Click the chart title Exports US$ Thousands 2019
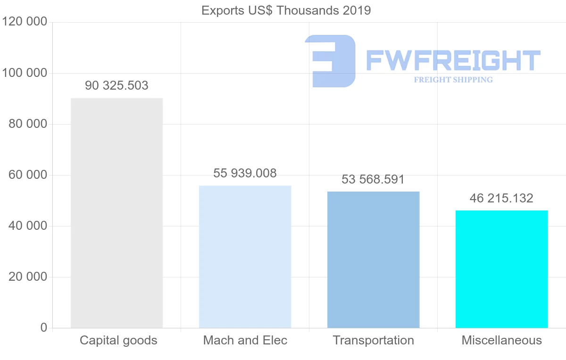[286, 10]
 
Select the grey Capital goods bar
[117, 213]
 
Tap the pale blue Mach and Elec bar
[245, 257]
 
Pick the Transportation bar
[373, 260]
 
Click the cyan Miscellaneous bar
[501, 269]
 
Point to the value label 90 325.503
[117, 86]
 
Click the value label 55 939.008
[245, 173]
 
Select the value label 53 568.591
[373, 180]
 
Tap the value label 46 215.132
[501, 198]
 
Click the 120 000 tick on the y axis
[25, 22]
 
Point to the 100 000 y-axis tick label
[25, 73]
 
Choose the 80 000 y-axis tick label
[28, 124]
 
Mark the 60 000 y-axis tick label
[28, 175]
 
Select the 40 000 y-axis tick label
[28, 226]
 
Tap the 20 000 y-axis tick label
[28, 277]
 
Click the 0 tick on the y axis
[44, 328]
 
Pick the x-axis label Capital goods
[118, 340]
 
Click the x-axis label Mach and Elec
[245, 340]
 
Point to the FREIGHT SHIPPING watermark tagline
[453, 80]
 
